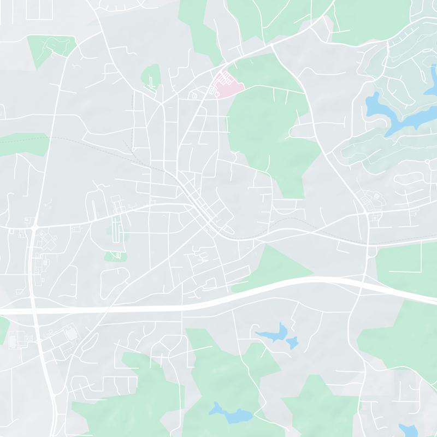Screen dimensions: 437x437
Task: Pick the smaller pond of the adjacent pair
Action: (292, 342)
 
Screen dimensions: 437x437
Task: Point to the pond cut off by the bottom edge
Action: (409, 430)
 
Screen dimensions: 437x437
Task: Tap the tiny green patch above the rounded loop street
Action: (115, 256)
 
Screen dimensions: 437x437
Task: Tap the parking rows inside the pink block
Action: (223, 82)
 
